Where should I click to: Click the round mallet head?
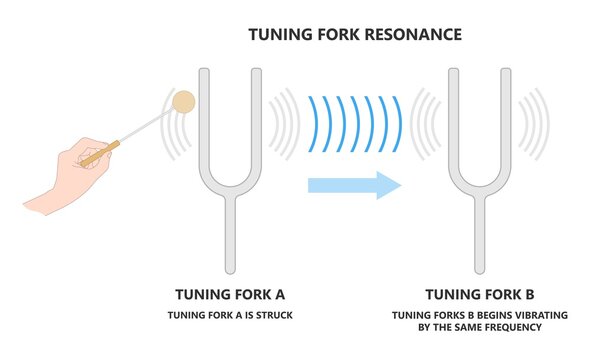pos(184,101)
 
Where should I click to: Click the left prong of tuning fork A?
pos(203,120)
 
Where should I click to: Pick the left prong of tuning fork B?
pos(451,120)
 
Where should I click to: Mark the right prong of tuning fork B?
pos(509,120)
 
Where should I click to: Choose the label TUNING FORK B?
pos(480,294)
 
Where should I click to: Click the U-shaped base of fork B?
pos(480,185)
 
